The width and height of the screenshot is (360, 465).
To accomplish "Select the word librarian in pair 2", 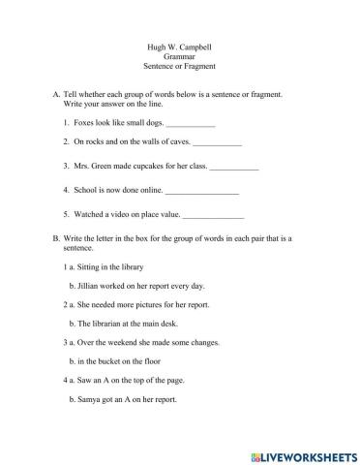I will click(109, 324).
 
